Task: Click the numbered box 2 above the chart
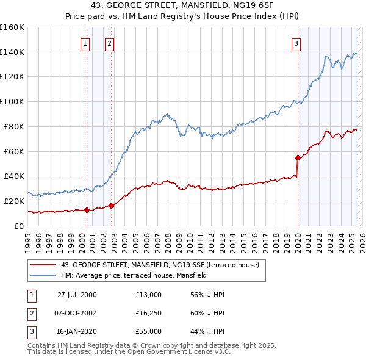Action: coord(109,43)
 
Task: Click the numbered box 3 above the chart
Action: coord(295,43)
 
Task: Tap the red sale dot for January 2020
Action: coord(298,157)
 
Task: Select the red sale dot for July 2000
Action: coord(87,210)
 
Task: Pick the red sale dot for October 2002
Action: coord(111,206)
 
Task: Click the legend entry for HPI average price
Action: coord(134,275)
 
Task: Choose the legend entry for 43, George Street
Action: coord(160,265)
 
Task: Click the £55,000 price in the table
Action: coord(149,331)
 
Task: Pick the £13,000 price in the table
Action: coord(149,295)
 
